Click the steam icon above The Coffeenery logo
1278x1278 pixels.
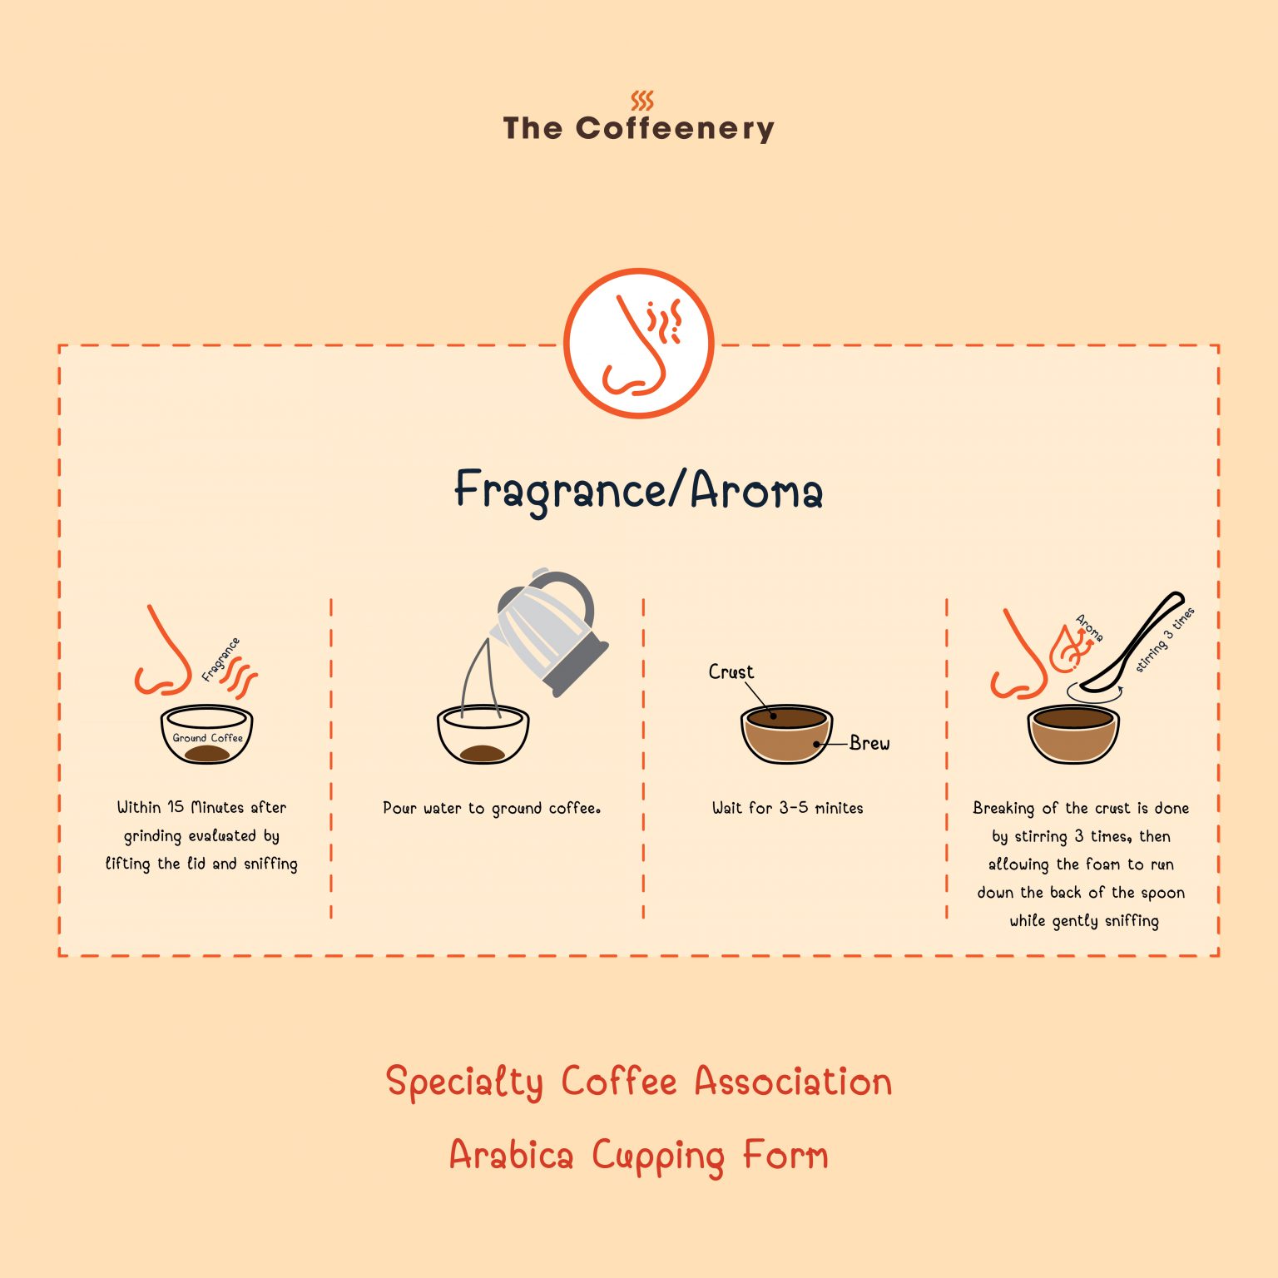(641, 101)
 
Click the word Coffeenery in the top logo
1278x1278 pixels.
(675, 129)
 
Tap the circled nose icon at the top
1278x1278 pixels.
(638, 343)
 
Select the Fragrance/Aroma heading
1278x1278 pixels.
(638, 490)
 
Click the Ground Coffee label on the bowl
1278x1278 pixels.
(207, 738)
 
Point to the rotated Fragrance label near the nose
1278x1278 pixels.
(220, 659)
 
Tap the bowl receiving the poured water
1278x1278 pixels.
(483, 736)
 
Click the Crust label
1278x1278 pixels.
(731, 672)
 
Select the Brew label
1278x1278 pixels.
(869, 744)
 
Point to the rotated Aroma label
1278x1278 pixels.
(1089, 628)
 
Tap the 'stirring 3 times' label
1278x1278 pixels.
(1165, 640)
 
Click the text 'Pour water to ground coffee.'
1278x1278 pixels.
(491, 809)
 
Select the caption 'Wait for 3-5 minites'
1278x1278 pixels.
(787, 809)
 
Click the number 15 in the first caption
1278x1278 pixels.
(176, 807)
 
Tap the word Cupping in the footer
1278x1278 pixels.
(658, 1157)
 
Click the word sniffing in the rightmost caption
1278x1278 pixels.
(1131, 921)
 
